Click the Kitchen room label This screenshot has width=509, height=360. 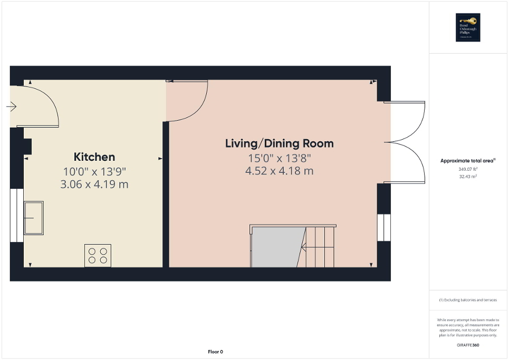(94, 157)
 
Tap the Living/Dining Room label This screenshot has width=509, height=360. (279, 143)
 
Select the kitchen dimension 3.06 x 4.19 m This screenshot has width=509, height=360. (94, 184)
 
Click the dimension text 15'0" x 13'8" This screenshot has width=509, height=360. (279, 158)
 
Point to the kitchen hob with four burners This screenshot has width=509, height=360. (98, 255)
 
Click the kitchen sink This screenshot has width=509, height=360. (33, 218)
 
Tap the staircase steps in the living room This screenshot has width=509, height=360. (320, 247)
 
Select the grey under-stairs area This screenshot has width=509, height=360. (276, 247)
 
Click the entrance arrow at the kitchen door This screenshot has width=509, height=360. (11, 107)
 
